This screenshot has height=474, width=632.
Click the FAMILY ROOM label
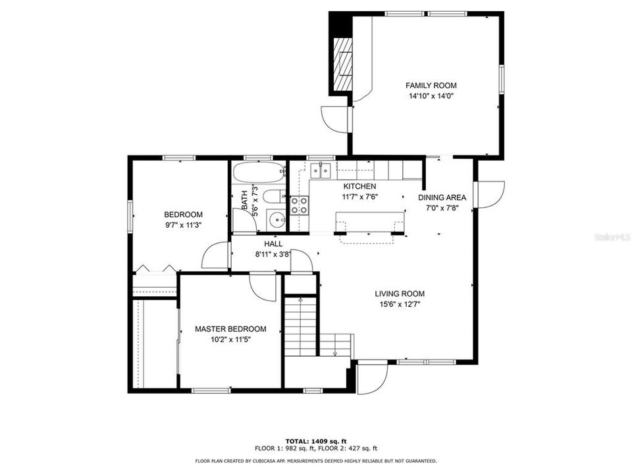[431, 86]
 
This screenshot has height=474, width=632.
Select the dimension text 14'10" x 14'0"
[431, 96]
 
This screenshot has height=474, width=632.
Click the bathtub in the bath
[258, 174]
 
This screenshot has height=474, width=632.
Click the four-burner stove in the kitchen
[299, 205]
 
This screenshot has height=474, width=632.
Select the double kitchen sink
[321, 171]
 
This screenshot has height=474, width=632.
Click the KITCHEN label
[359, 186]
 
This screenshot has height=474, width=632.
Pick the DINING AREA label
[442, 197]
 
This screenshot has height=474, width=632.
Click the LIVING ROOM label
[400, 294]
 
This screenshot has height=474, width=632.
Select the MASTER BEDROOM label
[230, 329]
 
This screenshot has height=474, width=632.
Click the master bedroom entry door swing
[262, 287]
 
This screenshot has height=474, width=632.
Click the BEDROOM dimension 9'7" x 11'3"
[183, 225]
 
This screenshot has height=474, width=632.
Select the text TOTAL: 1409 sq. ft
[316, 440]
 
